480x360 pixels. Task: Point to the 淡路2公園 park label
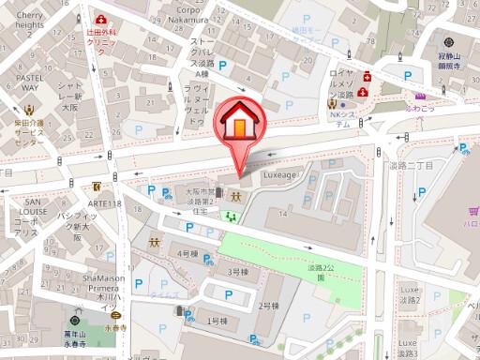point(320,273)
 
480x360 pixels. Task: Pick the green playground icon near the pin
point(232,217)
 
